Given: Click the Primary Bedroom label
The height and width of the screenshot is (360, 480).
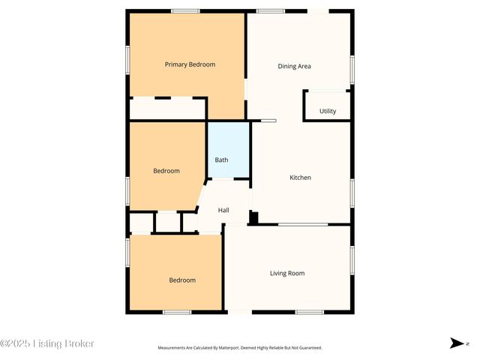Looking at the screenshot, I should pyautogui.click(x=190, y=64).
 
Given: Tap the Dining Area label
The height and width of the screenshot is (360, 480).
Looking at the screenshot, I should pyautogui.click(x=294, y=66).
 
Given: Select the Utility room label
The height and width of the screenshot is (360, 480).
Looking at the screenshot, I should pyautogui.click(x=328, y=111).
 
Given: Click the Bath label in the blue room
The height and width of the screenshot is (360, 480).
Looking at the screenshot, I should pyautogui.click(x=222, y=160).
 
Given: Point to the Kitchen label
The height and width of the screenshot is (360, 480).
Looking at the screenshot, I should pyautogui.click(x=300, y=178).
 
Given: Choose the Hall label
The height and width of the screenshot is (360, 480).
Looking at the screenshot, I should pyautogui.click(x=223, y=210).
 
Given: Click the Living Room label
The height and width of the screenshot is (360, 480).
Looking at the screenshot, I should pyautogui.click(x=287, y=274).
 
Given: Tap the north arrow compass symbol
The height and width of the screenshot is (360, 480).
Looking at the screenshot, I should pyautogui.click(x=456, y=343).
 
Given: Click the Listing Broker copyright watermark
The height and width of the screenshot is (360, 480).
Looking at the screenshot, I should pyautogui.click(x=47, y=343).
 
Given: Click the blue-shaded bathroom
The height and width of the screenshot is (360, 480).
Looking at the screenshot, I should pyautogui.click(x=229, y=150).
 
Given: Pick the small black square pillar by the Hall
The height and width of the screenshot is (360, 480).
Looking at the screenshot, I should pyautogui.click(x=253, y=218).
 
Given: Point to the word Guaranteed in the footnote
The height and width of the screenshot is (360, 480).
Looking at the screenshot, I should pyautogui.click(x=309, y=348).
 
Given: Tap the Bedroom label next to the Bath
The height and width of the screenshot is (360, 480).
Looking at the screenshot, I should pyautogui.click(x=166, y=171).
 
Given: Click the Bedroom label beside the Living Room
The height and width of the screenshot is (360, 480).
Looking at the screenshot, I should pyautogui.click(x=182, y=280).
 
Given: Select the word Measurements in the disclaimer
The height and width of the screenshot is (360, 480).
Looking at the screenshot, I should pyautogui.click(x=175, y=348).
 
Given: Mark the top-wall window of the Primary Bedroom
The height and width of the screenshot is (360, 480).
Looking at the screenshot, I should pyautogui.click(x=185, y=11).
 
